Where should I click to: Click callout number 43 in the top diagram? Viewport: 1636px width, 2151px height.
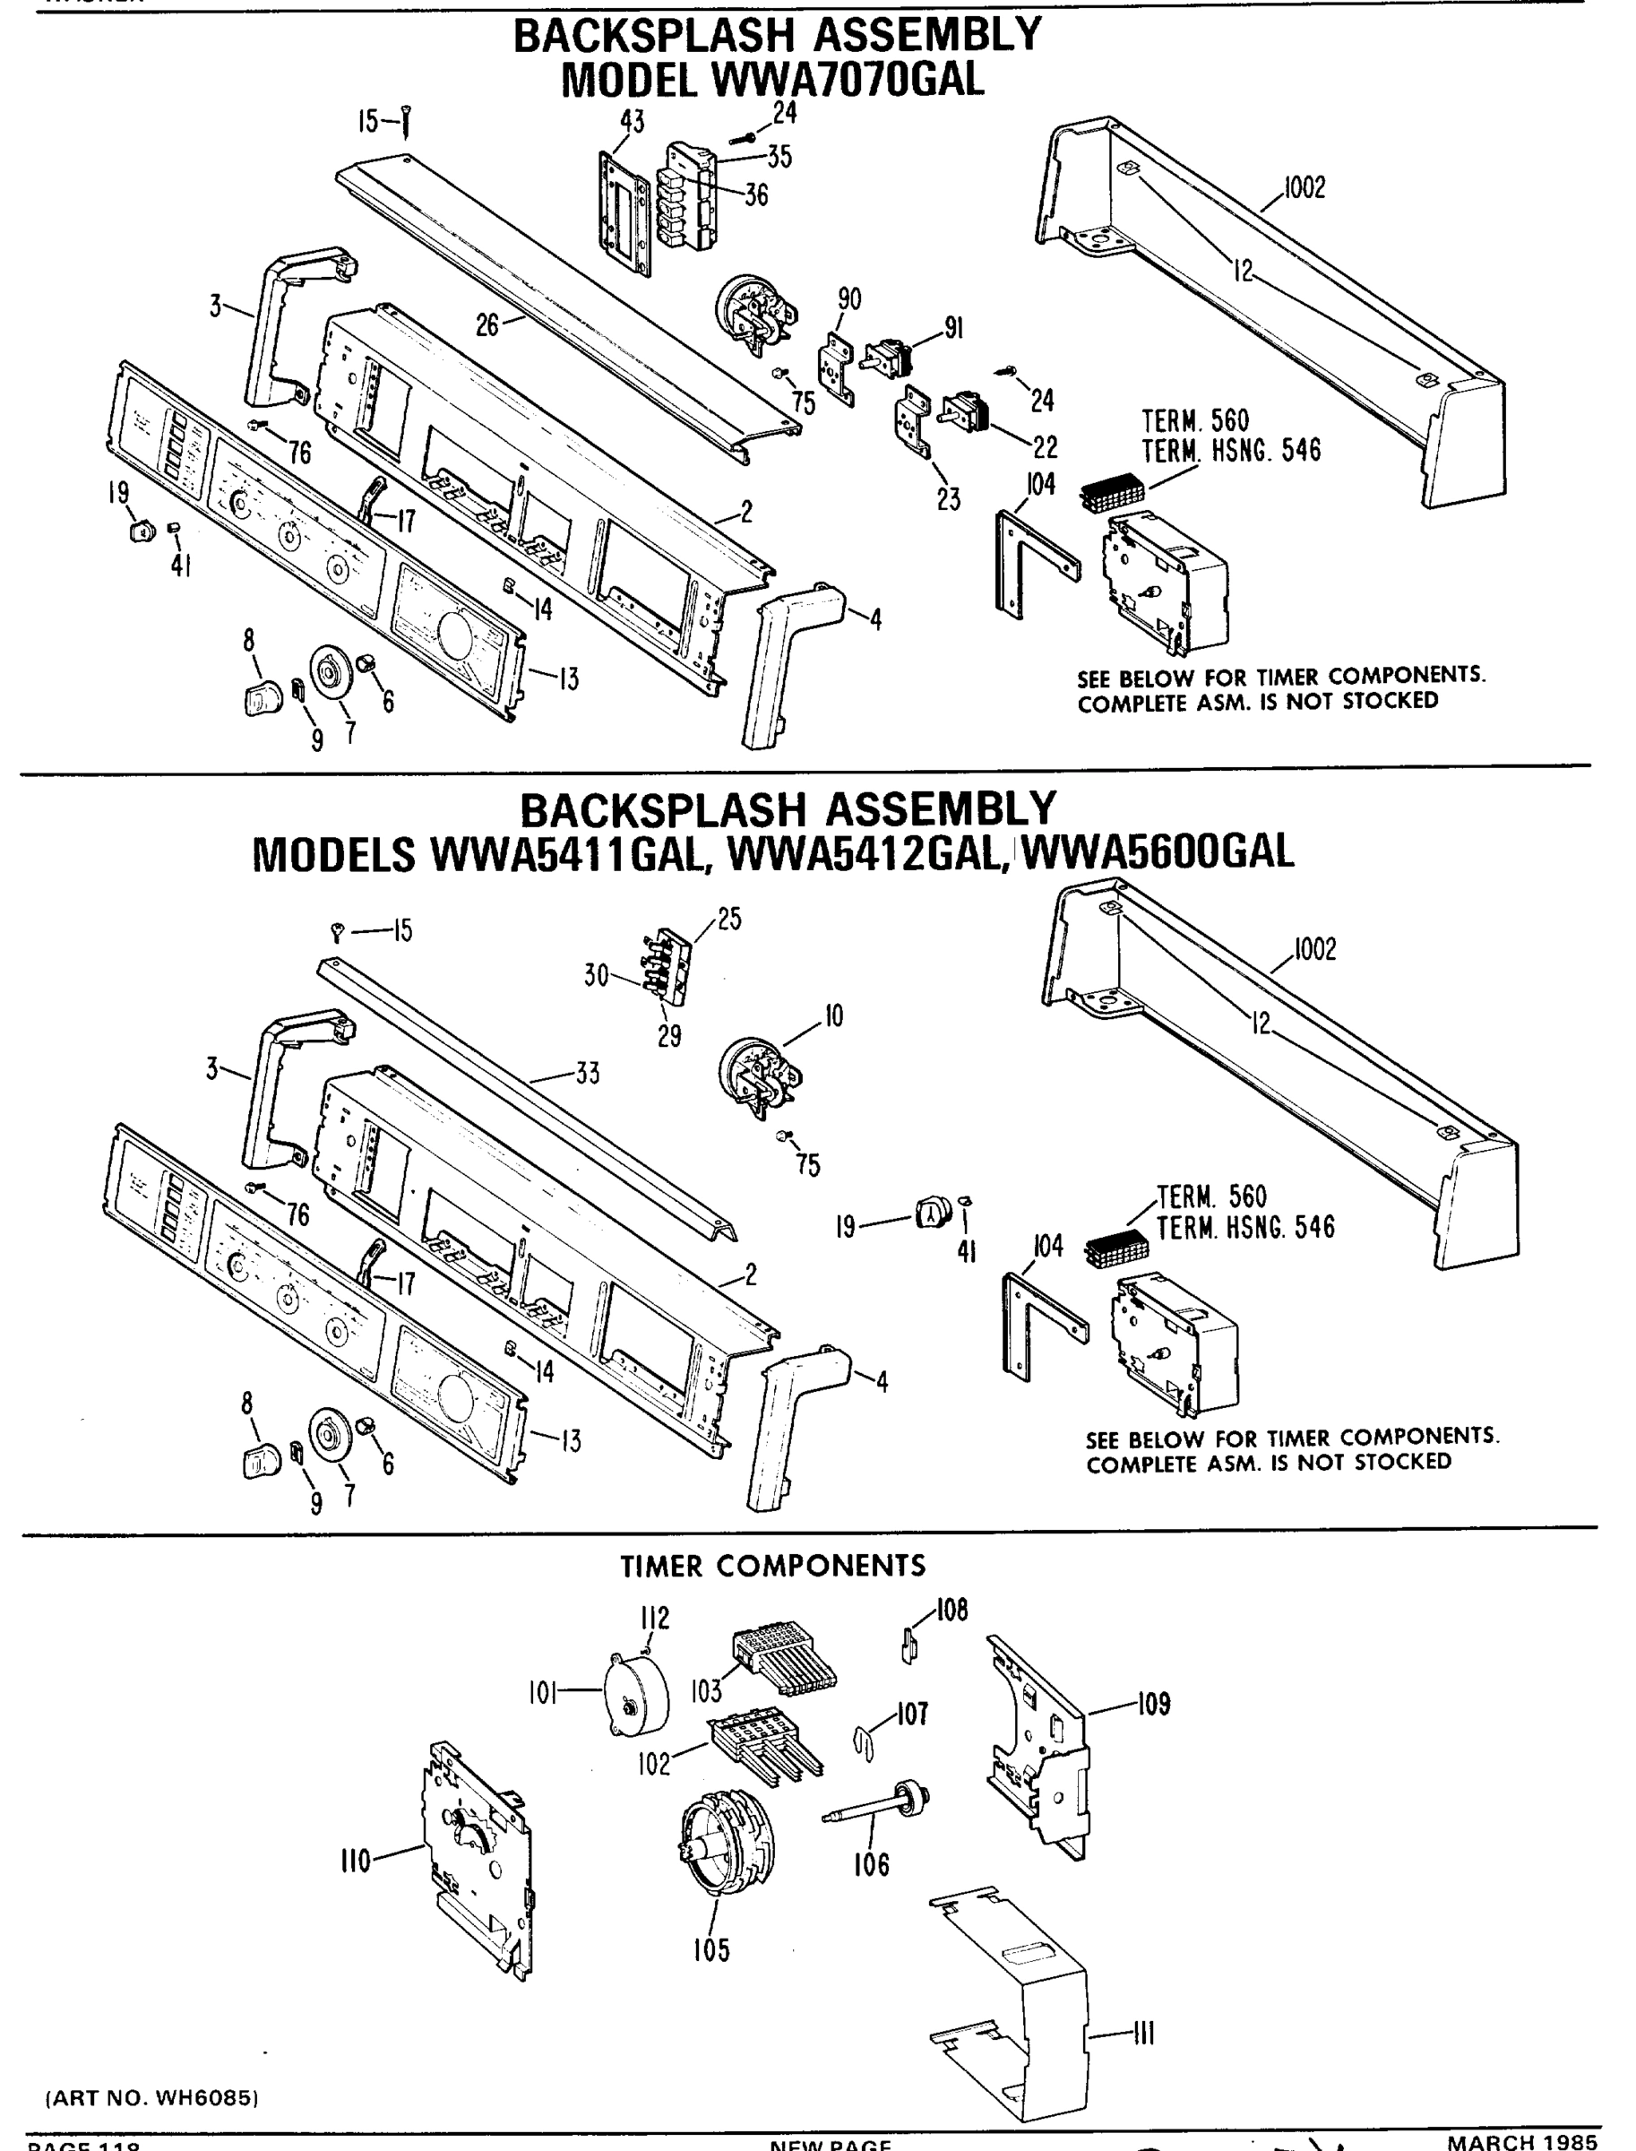coord(632,122)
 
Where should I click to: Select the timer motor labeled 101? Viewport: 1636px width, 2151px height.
coord(638,1696)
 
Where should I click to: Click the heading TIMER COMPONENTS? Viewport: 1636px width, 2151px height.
coord(773,1566)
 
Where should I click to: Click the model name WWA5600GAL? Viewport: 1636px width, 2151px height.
coord(1158,851)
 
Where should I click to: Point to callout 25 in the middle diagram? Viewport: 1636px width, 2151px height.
coord(729,919)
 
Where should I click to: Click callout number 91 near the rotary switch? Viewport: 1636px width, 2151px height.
coord(954,329)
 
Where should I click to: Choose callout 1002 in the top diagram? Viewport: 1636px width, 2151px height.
coord(1304,188)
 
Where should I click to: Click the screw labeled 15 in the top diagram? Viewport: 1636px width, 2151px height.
coord(407,122)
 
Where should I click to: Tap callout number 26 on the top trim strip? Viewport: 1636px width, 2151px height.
coord(486,325)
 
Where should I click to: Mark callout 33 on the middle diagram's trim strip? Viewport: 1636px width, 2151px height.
coord(587,1074)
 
